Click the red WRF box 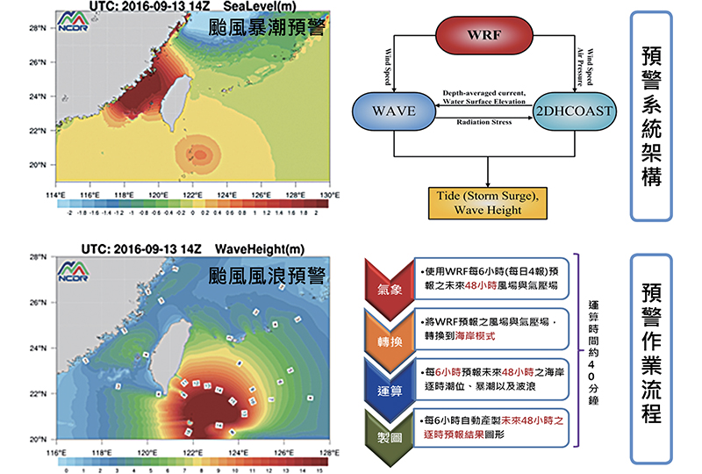pos(484,36)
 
